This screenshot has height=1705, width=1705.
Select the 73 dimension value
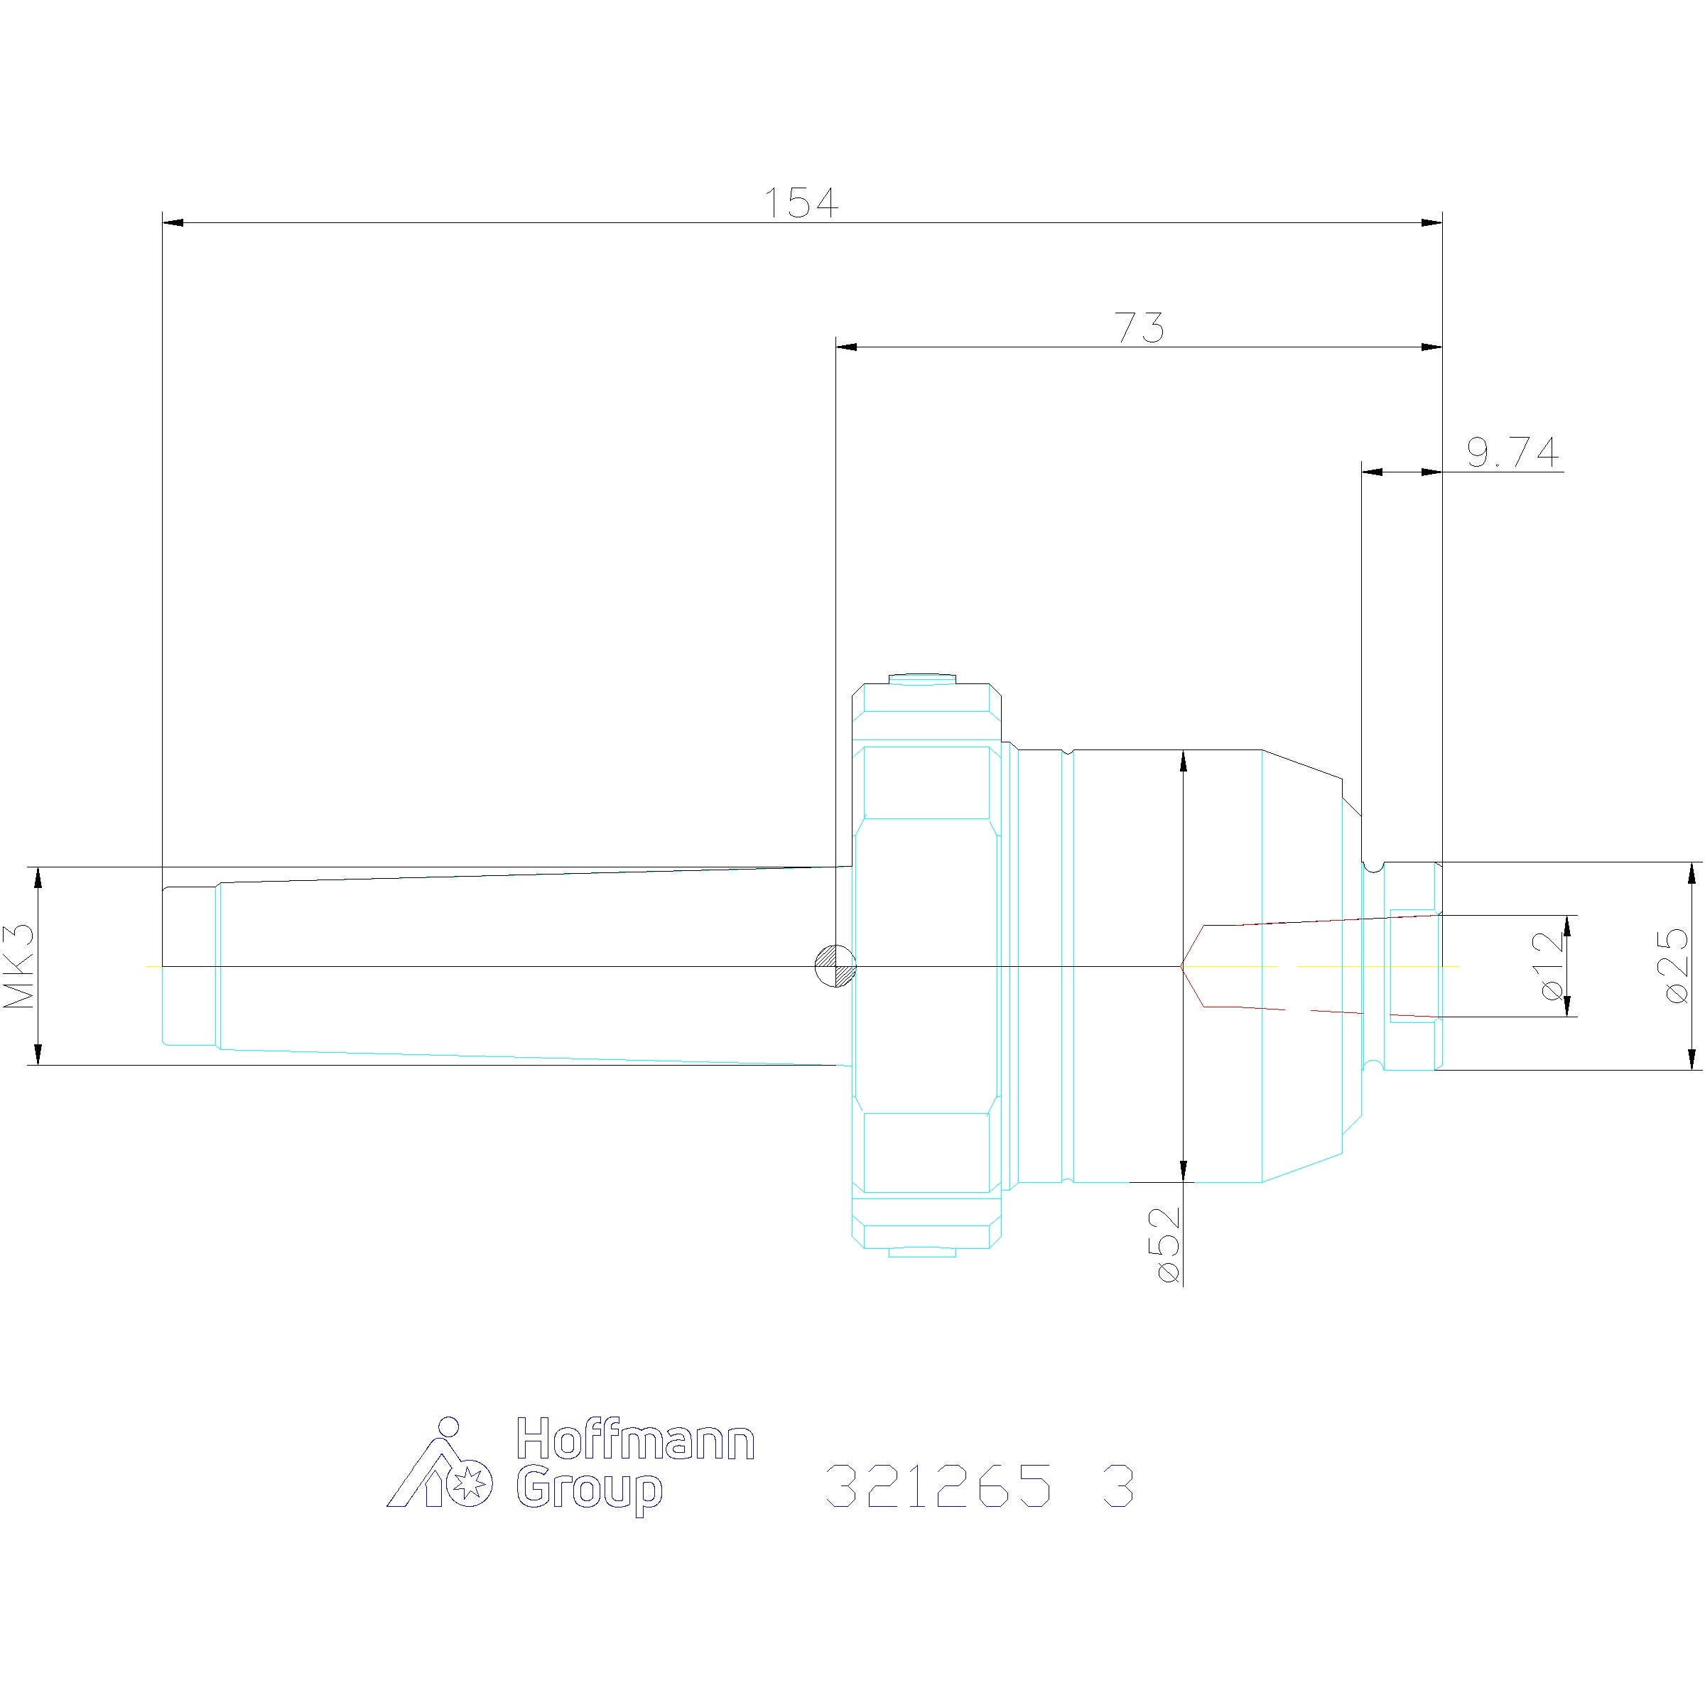click(x=1140, y=328)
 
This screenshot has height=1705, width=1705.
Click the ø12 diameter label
click(x=1552, y=966)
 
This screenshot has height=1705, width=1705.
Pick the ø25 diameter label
click(x=1676, y=965)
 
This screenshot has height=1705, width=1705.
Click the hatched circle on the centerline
click(x=835, y=965)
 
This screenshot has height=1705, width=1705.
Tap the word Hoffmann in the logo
click(x=634, y=1439)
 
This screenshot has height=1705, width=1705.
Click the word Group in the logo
click(x=589, y=1490)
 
